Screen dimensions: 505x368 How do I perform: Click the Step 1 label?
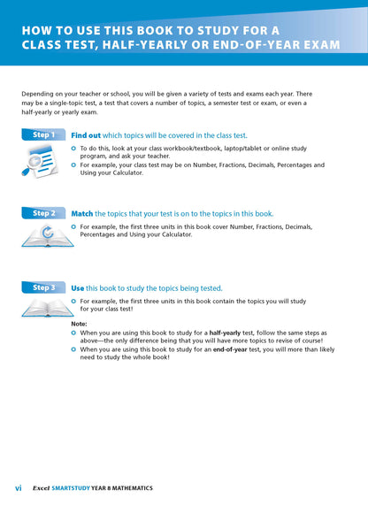tap(42, 135)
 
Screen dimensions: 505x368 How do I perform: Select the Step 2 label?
tap(42, 213)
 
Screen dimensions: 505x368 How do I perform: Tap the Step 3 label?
tap(42, 287)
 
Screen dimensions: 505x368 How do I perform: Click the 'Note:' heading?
tap(79, 324)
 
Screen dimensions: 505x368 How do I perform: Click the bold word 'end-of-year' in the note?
tap(228, 349)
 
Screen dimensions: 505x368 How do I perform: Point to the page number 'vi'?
tap(18, 488)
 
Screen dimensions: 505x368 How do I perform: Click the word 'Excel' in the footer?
tap(41, 488)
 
